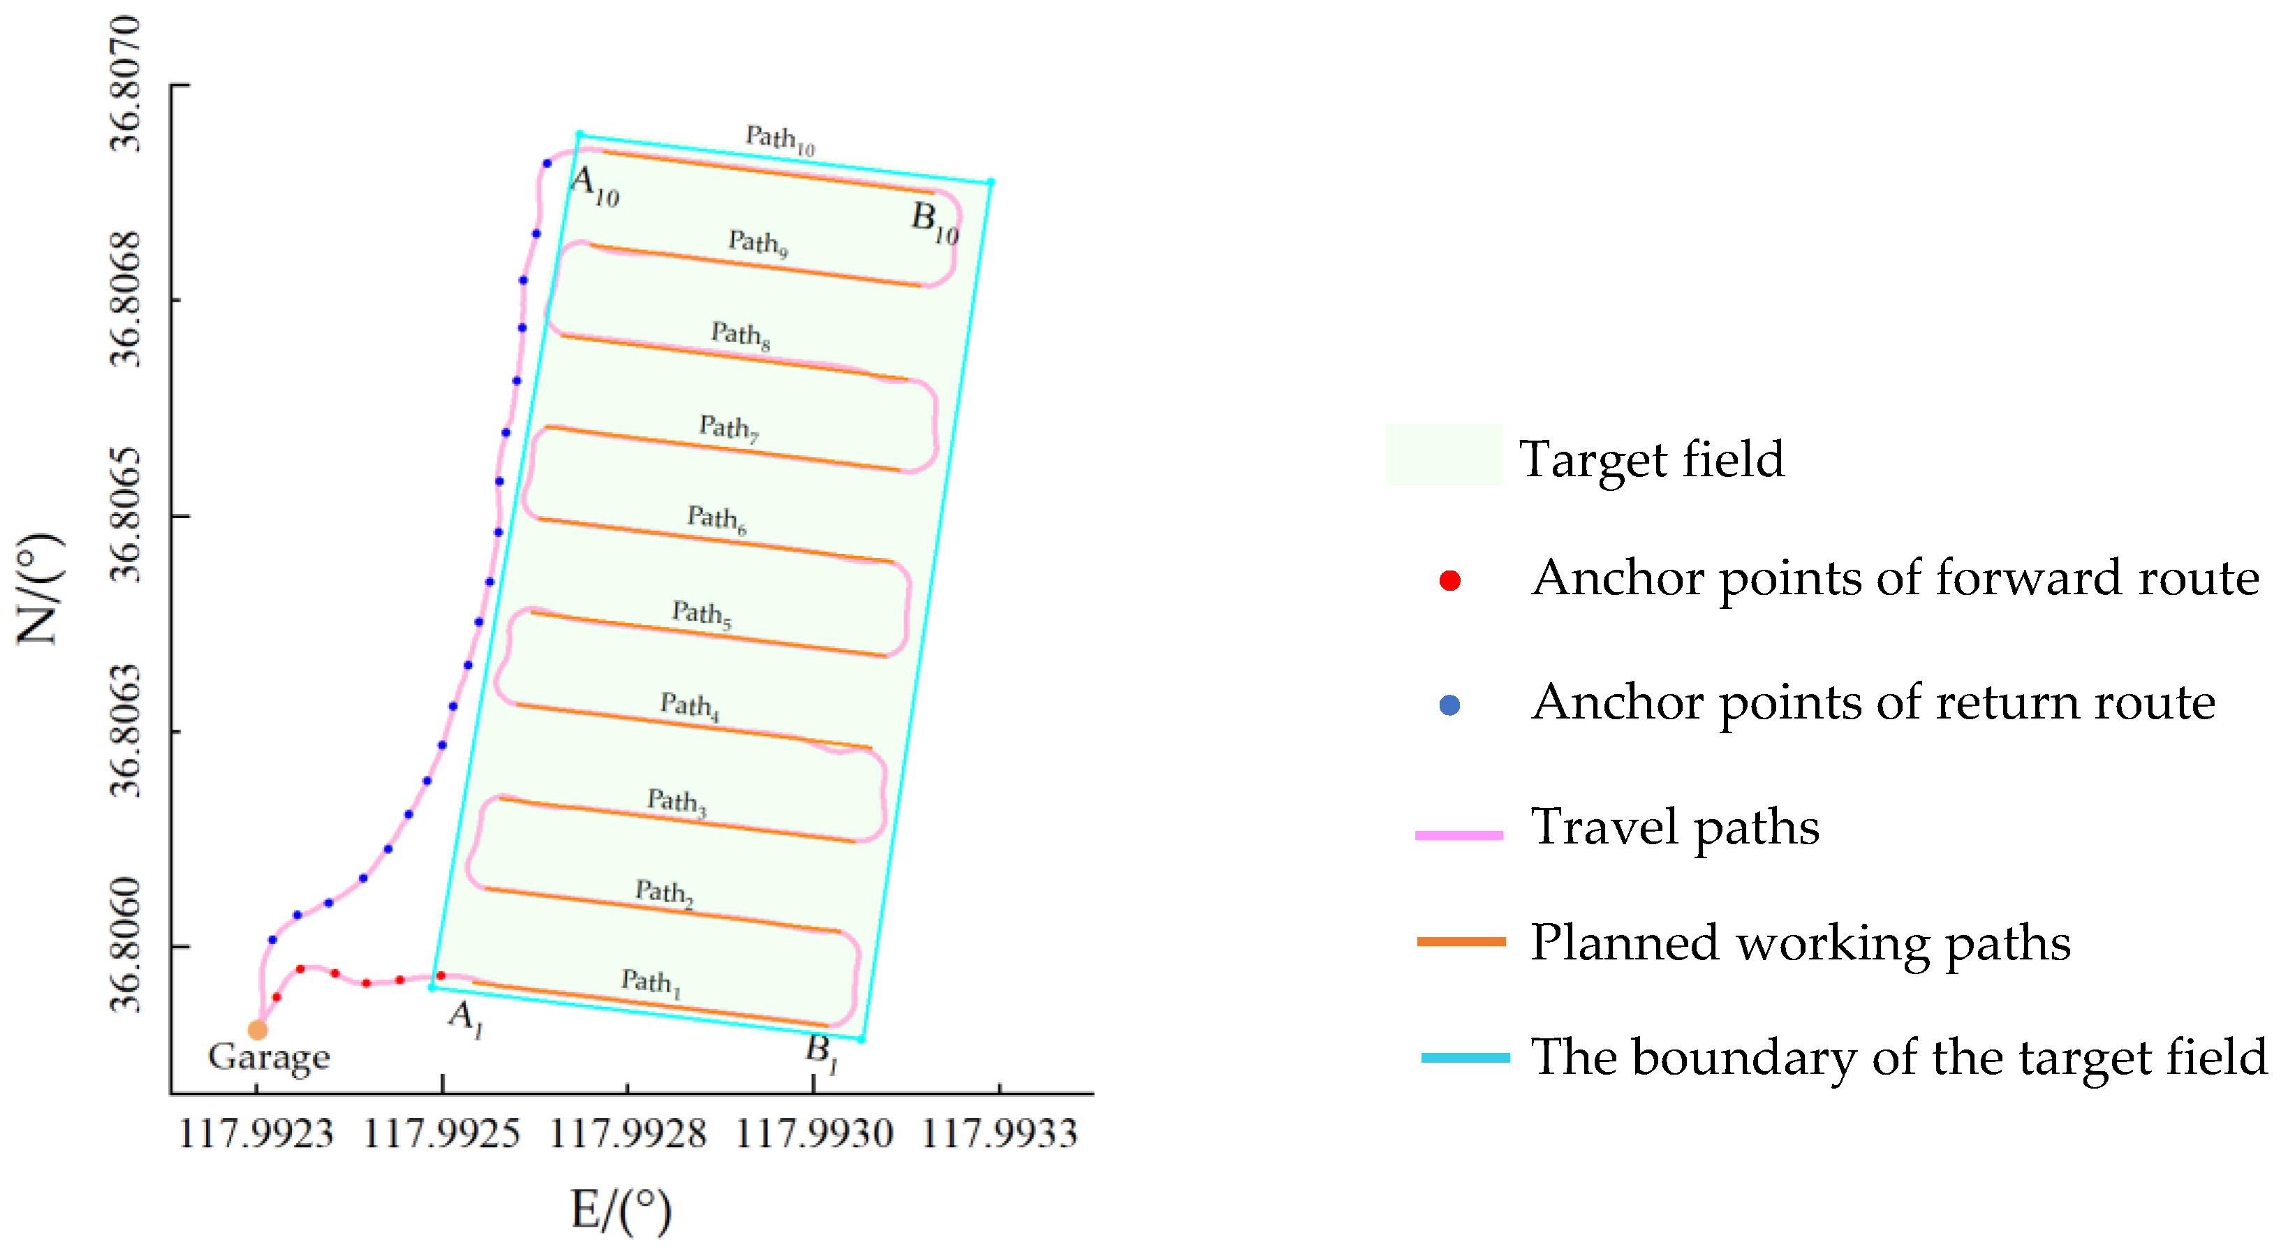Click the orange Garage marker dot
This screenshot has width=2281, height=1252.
click(257, 1030)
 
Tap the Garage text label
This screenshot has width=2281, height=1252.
click(270, 1057)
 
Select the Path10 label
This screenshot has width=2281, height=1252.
click(779, 139)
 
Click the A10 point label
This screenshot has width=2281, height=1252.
click(594, 186)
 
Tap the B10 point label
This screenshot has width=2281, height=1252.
click(935, 221)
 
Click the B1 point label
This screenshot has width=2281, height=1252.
click(822, 1053)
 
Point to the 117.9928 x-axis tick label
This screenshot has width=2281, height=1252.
click(628, 1133)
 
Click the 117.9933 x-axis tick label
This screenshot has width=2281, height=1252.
click(1000, 1133)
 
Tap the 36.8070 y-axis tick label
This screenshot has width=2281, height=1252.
click(125, 84)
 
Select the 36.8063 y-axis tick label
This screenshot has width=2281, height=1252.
click(125, 730)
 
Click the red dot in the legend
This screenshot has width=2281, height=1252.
click(1449, 581)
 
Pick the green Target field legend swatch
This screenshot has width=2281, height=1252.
click(1443, 455)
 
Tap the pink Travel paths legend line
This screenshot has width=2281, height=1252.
click(1459, 835)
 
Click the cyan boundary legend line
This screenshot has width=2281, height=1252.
click(1465, 1057)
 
